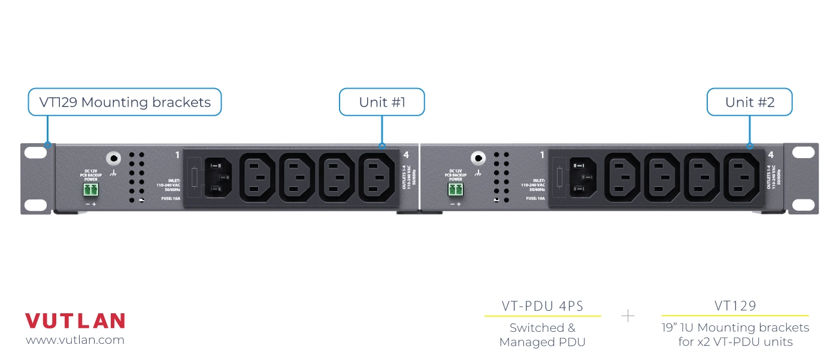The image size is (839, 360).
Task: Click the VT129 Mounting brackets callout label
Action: point(125,102)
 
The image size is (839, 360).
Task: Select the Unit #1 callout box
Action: point(381,102)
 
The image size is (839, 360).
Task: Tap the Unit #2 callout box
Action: point(749,102)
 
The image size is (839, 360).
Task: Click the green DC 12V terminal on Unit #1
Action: point(91,190)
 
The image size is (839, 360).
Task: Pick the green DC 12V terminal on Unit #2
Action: point(456,190)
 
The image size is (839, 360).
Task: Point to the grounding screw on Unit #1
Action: point(113,159)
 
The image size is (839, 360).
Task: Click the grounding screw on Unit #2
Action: point(477,159)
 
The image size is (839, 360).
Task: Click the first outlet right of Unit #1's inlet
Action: point(258,177)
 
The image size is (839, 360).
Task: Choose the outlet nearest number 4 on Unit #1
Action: point(377,177)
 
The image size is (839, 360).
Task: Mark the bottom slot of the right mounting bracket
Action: point(804,204)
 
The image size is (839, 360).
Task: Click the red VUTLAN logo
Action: point(75,321)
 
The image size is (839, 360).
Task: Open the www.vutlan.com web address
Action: point(75,340)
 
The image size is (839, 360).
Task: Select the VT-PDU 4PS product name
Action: point(542,306)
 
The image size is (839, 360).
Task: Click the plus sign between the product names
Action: point(628,316)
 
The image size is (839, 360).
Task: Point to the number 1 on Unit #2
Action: point(542,155)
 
